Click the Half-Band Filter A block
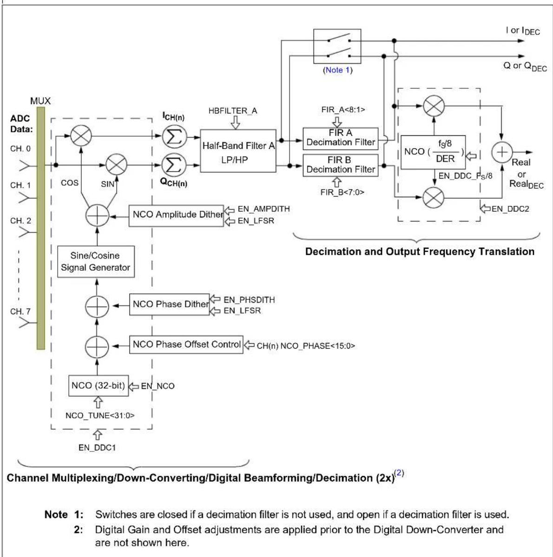coord(238,151)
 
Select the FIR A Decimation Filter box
coord(340,139)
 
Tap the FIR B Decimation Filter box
coord(340,165)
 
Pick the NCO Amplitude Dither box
coord(176,216)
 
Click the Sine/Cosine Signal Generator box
coord(96,262)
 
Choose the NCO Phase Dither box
coord(169,305)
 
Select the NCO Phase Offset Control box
coord(186,345)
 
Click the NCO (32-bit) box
coord(99,386)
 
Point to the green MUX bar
coord(41,228)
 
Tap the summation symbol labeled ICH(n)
coord(174,136)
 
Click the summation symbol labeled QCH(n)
coord(174,165)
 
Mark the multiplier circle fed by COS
coord(81,136)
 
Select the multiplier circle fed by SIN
coord(117,165)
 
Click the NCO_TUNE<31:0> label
coord(100,415)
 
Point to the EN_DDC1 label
coord(97,448)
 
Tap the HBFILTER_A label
coord(232,111)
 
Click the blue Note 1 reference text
coord(337,70)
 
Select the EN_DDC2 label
coord(510,209)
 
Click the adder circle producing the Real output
coord(502,152)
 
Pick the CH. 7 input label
coord(20,312)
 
